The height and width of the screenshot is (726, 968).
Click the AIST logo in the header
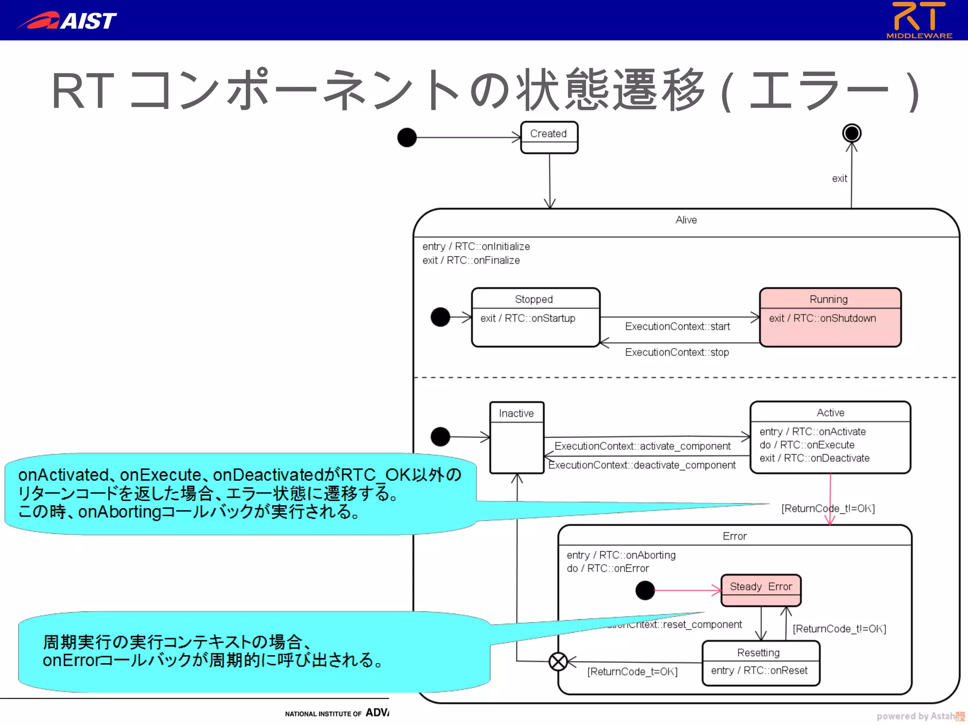(x=67, y=20)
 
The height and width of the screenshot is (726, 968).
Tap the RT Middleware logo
(x=919, y=20)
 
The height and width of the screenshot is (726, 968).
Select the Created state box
(x=549, y=138)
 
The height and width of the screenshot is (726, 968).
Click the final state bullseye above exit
(x=852, y=133)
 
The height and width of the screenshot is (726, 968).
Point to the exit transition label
(x=839, y=179)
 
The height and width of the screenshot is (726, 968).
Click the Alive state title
(x=686, y=220)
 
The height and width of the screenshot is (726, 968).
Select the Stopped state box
(x=536, y=317)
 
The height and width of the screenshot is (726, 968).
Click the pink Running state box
(x=830, y=317)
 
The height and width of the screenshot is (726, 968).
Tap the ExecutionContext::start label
(x=677, y=327)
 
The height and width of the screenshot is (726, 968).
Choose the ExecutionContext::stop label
(x=677, y=353)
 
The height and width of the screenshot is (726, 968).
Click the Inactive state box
(x=517, y=437)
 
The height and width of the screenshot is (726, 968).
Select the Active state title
(x=830, y=413)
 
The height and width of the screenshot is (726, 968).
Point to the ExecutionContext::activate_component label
(x=642, y=446)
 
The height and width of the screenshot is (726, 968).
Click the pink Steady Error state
(x=761, y=589)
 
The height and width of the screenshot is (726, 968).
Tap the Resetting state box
(x=761, y=663)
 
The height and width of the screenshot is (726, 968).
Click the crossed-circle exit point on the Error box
(x=558, y=662)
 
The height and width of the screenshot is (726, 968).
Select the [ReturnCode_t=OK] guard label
(x=632, y=672)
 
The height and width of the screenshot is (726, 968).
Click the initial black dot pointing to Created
(x=407, y=138)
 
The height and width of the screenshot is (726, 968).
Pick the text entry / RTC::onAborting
(x=621, y=555)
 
